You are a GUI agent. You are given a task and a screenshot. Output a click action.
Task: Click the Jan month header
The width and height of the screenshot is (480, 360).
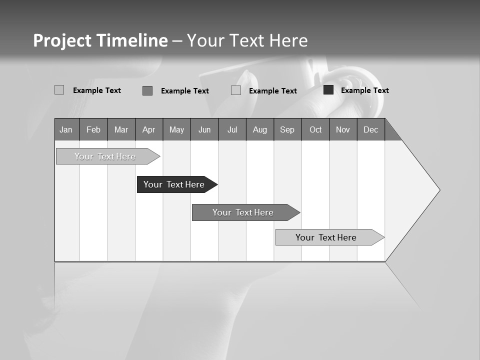tap(66, 129)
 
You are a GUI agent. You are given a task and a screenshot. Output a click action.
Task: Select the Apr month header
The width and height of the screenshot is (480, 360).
tap(148, 129)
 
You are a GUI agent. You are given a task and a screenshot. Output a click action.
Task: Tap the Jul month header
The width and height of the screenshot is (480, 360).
tap(232, 129)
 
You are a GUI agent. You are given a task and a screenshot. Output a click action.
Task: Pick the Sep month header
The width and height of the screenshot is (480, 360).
tap(287, 129)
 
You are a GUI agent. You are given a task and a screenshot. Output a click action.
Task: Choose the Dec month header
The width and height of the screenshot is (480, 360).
tap(370, 129)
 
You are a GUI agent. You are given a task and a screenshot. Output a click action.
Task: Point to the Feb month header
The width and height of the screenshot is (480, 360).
tap(93, 129)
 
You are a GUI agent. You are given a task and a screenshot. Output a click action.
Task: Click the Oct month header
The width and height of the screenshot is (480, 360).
tap(315, 129)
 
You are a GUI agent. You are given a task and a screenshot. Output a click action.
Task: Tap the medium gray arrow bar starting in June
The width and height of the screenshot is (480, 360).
tap(243, 212)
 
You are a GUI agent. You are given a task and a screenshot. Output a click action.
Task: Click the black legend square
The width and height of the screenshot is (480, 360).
tap(328, 90)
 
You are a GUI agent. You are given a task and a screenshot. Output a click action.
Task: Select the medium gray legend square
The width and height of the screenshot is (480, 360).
tap(147, 90)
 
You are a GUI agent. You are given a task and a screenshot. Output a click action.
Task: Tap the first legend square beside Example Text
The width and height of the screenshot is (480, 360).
tap(59, 90)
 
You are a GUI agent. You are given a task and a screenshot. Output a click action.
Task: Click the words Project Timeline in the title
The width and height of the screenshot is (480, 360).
tap(100, 40)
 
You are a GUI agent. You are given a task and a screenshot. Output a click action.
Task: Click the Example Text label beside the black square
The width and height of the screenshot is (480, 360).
tap(364, 90)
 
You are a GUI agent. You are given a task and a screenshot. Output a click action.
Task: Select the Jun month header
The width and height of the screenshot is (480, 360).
tap(204, 129)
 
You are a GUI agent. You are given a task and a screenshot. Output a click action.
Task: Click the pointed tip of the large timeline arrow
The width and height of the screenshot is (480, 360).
tap(438, 190)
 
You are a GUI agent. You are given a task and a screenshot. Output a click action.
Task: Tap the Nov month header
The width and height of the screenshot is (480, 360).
tap(343, 129)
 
